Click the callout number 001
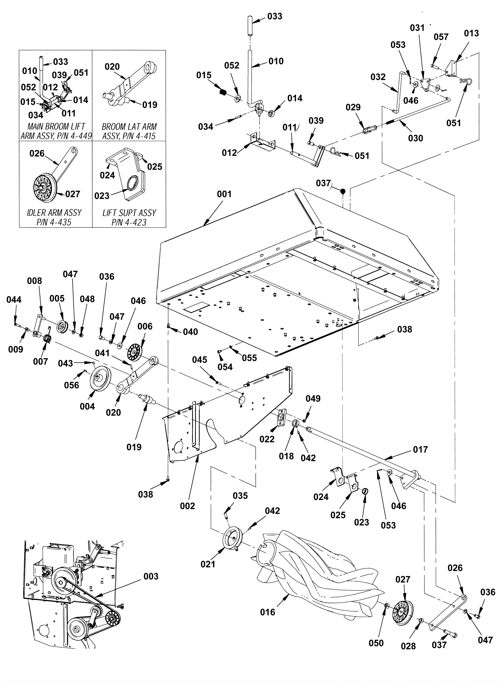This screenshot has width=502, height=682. tap(224, 194)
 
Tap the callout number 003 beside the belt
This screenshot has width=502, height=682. tap(151, 577)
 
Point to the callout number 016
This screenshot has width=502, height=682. tap(267, 612)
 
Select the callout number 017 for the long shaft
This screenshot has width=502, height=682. tap(420, 450)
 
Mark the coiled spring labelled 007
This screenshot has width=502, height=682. tap(47, 338)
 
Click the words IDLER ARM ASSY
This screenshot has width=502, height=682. tap(54, 213)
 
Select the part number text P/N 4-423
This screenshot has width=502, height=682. tap(129, 222)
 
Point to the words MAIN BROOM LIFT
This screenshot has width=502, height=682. tap(56, 127)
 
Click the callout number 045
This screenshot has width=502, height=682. tap(200, 360)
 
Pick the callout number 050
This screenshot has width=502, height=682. tap(376, 643)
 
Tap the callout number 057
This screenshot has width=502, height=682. tap(441, 37)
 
